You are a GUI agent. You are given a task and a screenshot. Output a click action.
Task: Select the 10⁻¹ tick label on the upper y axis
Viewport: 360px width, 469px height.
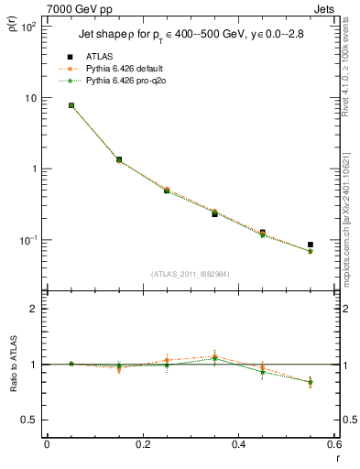29,240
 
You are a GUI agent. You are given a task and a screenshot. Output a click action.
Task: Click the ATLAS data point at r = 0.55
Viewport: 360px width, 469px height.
311,245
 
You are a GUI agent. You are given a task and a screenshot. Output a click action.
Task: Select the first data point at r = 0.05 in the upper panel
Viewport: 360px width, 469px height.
71,105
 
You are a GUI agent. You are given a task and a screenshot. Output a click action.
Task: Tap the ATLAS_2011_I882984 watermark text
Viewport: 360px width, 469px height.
190,274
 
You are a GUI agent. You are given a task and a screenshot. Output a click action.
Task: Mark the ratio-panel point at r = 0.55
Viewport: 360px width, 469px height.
311,382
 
